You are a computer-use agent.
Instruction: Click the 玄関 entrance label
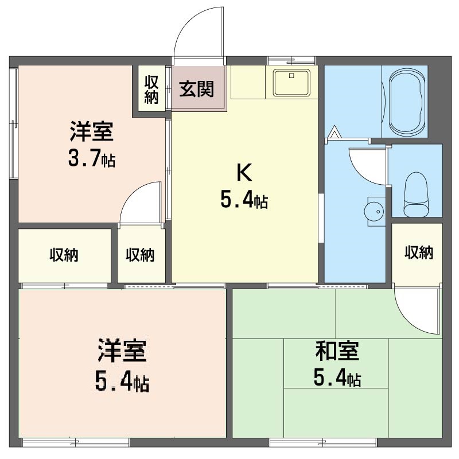[196, 89]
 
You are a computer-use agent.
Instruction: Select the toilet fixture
[415, 195]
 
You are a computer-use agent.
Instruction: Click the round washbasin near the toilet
[375, 211]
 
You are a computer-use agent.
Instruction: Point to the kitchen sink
[291, 83]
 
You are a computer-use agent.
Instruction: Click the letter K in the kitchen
[244, 173]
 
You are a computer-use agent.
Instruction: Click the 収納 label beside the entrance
[151, 90]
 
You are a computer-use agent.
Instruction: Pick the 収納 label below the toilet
[419, 252]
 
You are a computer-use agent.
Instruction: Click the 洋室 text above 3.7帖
[92, 131]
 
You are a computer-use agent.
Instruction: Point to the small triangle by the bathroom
[334, 132]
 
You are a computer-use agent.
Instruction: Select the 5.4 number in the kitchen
[236, 200]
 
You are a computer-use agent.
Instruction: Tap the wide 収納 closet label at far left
[64, 255]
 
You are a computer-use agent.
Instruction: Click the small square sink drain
[291, 76]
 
